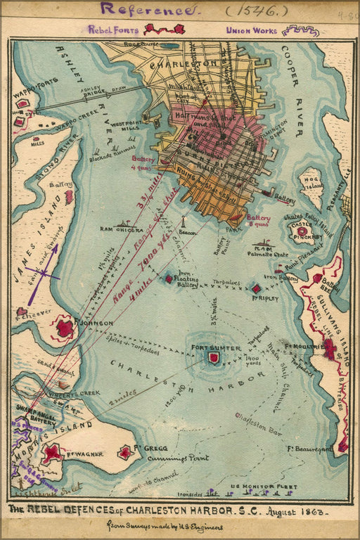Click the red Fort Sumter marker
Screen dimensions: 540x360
[x=214, y=357]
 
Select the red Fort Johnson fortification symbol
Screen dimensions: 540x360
[x=65, y=328]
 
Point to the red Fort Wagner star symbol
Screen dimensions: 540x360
[x=51, y=454]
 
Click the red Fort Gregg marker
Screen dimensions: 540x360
[x=125, y=452]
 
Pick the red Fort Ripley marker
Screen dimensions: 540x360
[x=256, y=288]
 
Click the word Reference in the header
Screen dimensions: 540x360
[x=147, y=10]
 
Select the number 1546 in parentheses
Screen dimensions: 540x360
[x=247, y=10]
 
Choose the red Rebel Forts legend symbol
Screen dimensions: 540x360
[x=165, y=30]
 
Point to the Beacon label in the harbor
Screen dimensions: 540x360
[x=186, y=231]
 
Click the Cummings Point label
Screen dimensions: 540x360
[x=172, y=458]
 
